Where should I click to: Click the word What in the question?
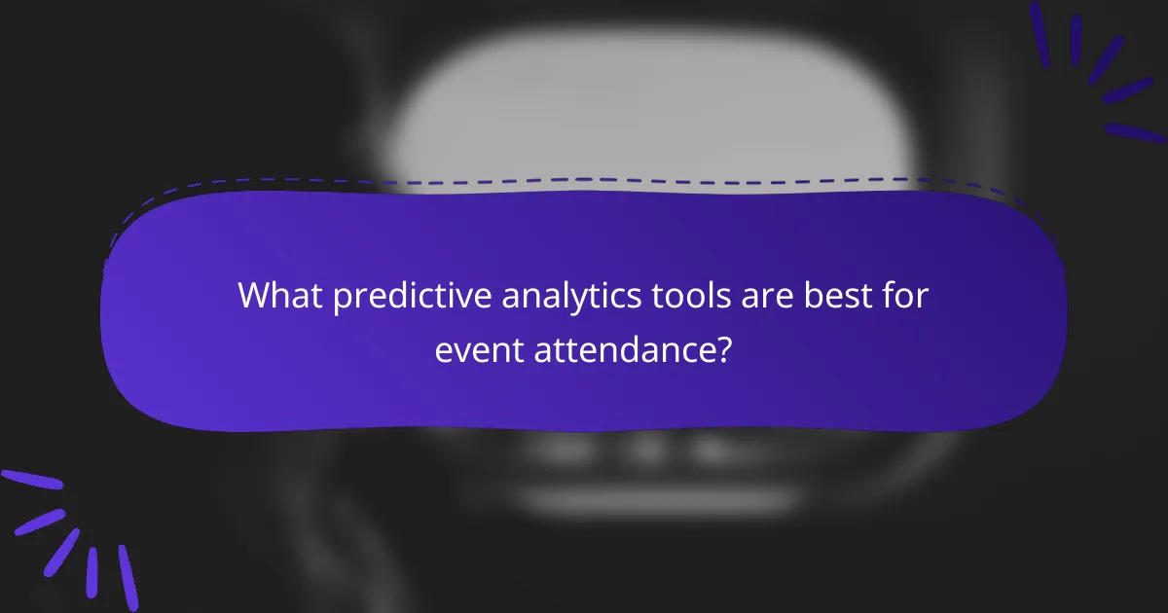[280, 295]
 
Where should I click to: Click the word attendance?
[623, 349]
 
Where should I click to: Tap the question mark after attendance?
[723, 349]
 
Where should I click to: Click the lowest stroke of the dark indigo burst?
[1135, 132]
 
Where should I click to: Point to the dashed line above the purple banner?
[584, 181]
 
